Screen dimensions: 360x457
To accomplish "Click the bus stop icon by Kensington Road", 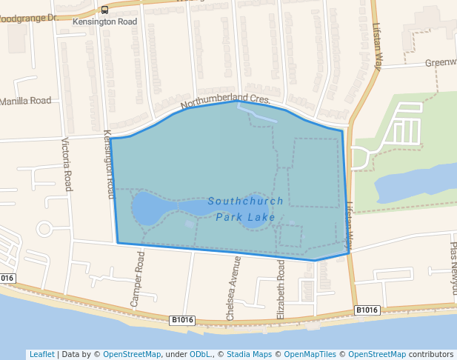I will coord(104,10).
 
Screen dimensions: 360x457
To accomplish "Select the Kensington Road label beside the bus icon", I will coord(105,22).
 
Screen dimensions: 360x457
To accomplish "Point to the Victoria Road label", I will coord(67,164).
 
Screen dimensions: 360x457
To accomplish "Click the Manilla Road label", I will coord(26,101).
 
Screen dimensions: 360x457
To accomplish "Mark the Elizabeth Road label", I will coord(281,289).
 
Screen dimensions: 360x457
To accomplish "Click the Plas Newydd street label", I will coord(454,259).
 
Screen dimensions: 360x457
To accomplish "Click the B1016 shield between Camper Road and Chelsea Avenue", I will coord(181,320).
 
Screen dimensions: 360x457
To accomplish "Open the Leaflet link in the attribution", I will coord(41,354).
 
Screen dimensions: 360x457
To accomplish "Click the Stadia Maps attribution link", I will coord(250,354).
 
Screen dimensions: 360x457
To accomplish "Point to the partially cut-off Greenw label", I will coord(440,63).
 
